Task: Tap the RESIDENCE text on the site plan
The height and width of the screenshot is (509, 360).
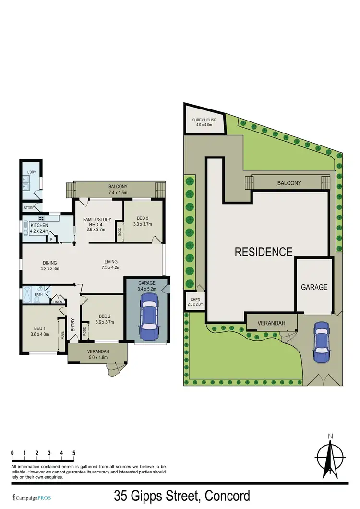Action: (264, 252)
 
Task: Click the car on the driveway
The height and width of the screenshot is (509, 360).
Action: (321, 341)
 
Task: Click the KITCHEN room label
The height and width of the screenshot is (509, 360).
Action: (39, 225)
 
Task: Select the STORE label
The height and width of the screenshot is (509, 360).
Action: (29, 208)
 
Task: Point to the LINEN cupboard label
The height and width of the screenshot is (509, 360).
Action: (58, 302)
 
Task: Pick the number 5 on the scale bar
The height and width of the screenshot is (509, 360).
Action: (74, 453)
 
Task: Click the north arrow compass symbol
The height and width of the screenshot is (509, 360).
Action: (330, 456)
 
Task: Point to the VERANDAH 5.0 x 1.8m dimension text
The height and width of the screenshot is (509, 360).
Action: (98, 358)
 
